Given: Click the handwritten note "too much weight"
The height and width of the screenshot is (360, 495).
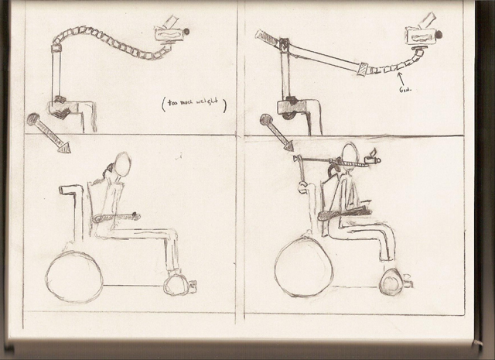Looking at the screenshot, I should point(194,105).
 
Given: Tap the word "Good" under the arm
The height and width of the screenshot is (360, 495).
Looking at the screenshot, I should point(404,89).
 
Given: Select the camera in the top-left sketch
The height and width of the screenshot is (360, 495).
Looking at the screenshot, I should point(169,33).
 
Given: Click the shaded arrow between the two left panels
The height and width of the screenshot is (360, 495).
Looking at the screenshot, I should point(49,132).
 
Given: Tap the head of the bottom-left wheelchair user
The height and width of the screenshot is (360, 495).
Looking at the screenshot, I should point(121,164).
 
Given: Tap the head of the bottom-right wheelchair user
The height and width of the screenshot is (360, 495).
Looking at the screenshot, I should point(350,154).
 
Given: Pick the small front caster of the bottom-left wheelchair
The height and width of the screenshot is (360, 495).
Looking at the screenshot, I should point(177,284).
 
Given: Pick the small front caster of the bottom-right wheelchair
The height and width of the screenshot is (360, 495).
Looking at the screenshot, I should point(391,283).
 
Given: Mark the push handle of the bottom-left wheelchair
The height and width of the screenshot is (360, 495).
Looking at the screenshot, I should point(70,189).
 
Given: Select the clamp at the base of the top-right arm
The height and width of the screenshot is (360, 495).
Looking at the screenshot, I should point(291,106).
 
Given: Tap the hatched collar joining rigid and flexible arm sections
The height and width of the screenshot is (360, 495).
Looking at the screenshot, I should point(361,69).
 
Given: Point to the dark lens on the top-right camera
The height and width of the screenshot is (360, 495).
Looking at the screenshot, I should point(439,35).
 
